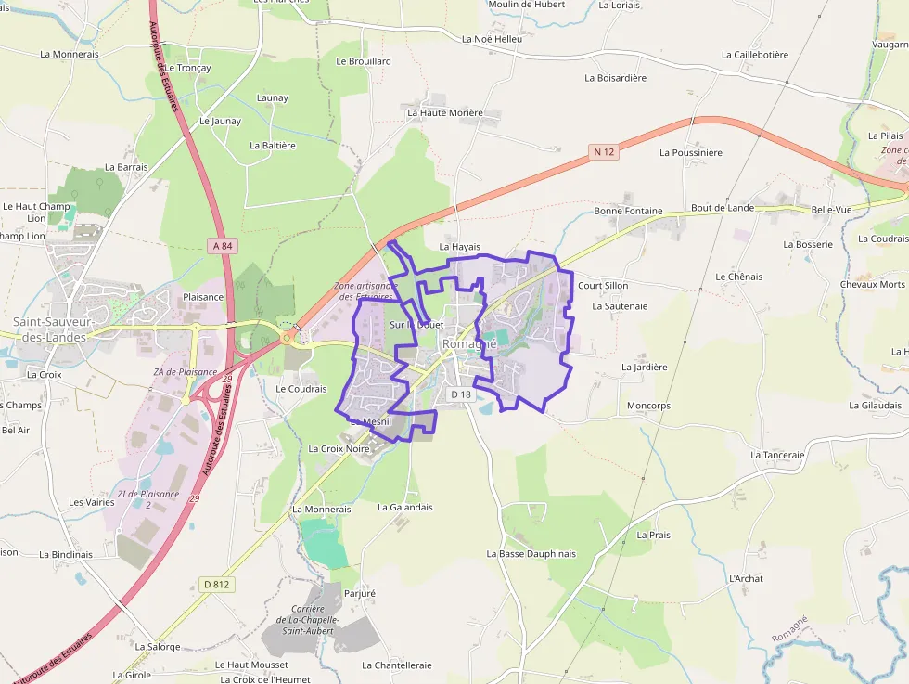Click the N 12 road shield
pos(604,151)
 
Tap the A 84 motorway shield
pos(220,245)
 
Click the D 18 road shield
pos(461,394)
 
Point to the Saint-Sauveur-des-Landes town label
pos(50,329)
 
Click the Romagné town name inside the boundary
pos(469,343)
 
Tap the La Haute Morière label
pos(445,113)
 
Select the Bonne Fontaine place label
pos(628,211)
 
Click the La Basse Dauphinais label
pos(531,554)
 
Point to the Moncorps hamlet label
pos(648,406)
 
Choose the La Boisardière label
pos(615,78)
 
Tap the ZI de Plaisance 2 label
pos(148,499)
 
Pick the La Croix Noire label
pos(339,448)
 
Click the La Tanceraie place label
pos(777,455)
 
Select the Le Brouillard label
pos(364,61)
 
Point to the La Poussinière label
pos(690,152)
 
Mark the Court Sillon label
pos(603,286)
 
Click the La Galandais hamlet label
pos(405,507)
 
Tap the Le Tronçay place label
pos(188,68)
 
